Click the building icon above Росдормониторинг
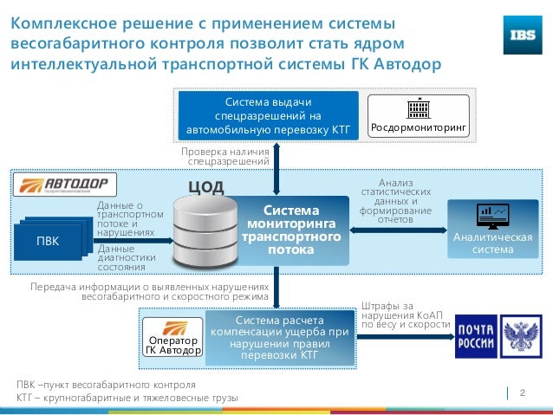[x=419, y=108]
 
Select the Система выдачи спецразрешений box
[x=268, y=115]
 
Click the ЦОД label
[x=206, y=188]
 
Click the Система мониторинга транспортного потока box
[x=291, y=230]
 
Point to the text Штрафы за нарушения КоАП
[x=406, y=315]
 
